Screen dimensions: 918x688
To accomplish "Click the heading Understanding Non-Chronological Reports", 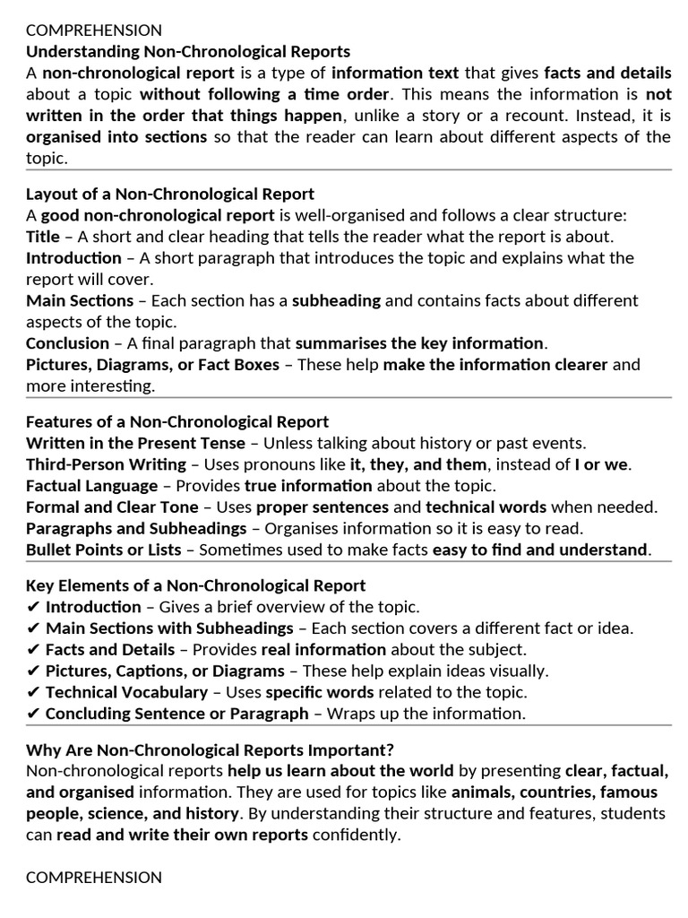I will [x=188, y=51].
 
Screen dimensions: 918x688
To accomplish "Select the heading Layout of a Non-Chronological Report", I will [x=170, y=194].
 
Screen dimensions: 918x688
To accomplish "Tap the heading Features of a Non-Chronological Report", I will [x=177, y=421].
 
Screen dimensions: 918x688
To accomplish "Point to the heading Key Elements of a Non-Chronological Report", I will [x=195, y=585].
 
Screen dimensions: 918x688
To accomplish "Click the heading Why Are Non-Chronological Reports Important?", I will [x=210, y=749].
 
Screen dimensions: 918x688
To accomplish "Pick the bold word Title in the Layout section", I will [x=42, y=237].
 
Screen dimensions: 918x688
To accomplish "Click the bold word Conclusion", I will [x=67, y=343].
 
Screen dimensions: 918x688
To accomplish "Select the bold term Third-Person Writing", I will [x=106, y=464].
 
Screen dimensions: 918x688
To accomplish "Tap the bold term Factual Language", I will [x=91, y=486].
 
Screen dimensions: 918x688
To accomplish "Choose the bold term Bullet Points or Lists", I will [x=103, y=550].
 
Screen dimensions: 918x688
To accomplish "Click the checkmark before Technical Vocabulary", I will [x=33, y=692].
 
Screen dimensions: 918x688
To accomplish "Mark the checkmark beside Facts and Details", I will [x=33, y=649].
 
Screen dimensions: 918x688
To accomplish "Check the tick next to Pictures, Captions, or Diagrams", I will [x=33, y=671].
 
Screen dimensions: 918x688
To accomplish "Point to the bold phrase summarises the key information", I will [x=419, y=343].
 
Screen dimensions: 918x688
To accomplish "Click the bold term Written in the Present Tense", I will [x=135, y=443].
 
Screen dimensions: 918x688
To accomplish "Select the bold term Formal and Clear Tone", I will [x=113, y=507].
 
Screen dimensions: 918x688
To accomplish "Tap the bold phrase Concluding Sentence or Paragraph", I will [x=176, y=714].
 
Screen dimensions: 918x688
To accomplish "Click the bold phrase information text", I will [x=395, y=74].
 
